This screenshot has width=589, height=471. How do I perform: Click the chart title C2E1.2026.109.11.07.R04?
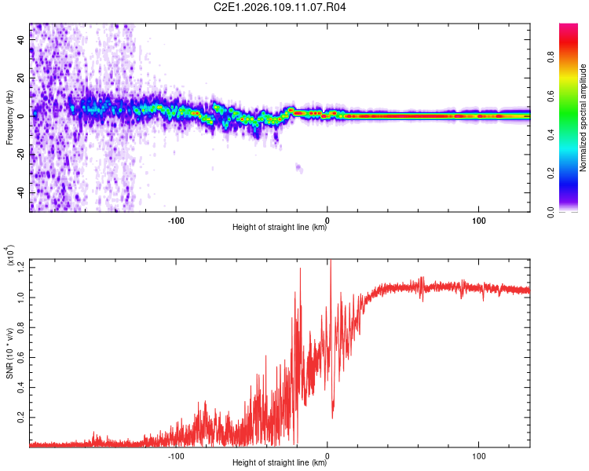click(x=280, y=8)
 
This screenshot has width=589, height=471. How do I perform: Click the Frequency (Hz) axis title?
click(x=10, y=118)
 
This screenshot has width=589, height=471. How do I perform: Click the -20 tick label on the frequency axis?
click(x=19, y=154)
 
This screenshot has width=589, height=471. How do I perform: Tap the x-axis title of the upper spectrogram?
click(x=280, y=228)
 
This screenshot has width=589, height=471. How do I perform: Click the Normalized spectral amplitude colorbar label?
click(x=584, y=118)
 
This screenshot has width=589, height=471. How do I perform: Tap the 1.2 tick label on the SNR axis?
click(x=21, y=267)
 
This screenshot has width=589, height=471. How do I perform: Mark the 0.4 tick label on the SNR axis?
click(x=21, y=388)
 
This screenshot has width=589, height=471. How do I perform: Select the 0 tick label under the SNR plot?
click(x=327, y=455)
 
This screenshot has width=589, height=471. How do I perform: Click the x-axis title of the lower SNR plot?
click(x=280, y=463)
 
